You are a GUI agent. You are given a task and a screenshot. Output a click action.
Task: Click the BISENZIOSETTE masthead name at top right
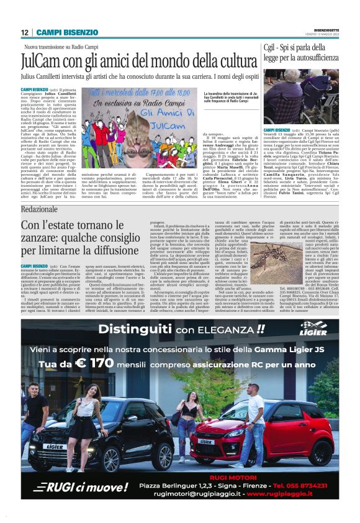[x=326, y=29]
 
